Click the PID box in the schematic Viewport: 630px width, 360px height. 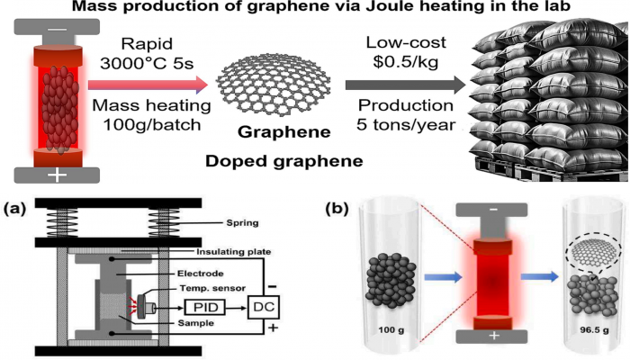click(205, 308)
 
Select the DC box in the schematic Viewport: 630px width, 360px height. click(264, 308)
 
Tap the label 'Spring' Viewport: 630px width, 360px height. click(242, 223)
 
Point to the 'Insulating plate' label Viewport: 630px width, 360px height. click(233, 252)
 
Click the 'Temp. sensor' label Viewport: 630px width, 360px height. click(212, 288)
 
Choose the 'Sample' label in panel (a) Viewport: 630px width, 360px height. click(195, 323)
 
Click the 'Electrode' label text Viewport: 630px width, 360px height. click(200, 274)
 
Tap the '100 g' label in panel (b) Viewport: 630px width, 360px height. click(391, 330)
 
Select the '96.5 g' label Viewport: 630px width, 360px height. click(594, 330)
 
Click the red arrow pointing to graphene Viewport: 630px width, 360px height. click(148, 85)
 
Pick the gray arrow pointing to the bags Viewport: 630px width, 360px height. click(405, 85)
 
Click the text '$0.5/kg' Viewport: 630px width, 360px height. click(405, 62)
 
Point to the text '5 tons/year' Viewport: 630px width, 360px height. click(406, 124)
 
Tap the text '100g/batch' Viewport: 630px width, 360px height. click(152, 124)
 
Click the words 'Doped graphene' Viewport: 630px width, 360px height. click(284, 161)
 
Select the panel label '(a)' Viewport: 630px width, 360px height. click(14, 210)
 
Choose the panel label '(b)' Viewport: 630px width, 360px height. click(337, 210)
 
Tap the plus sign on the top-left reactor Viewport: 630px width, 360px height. click(57, 175)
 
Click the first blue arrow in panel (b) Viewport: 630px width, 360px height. click(443, 277)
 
